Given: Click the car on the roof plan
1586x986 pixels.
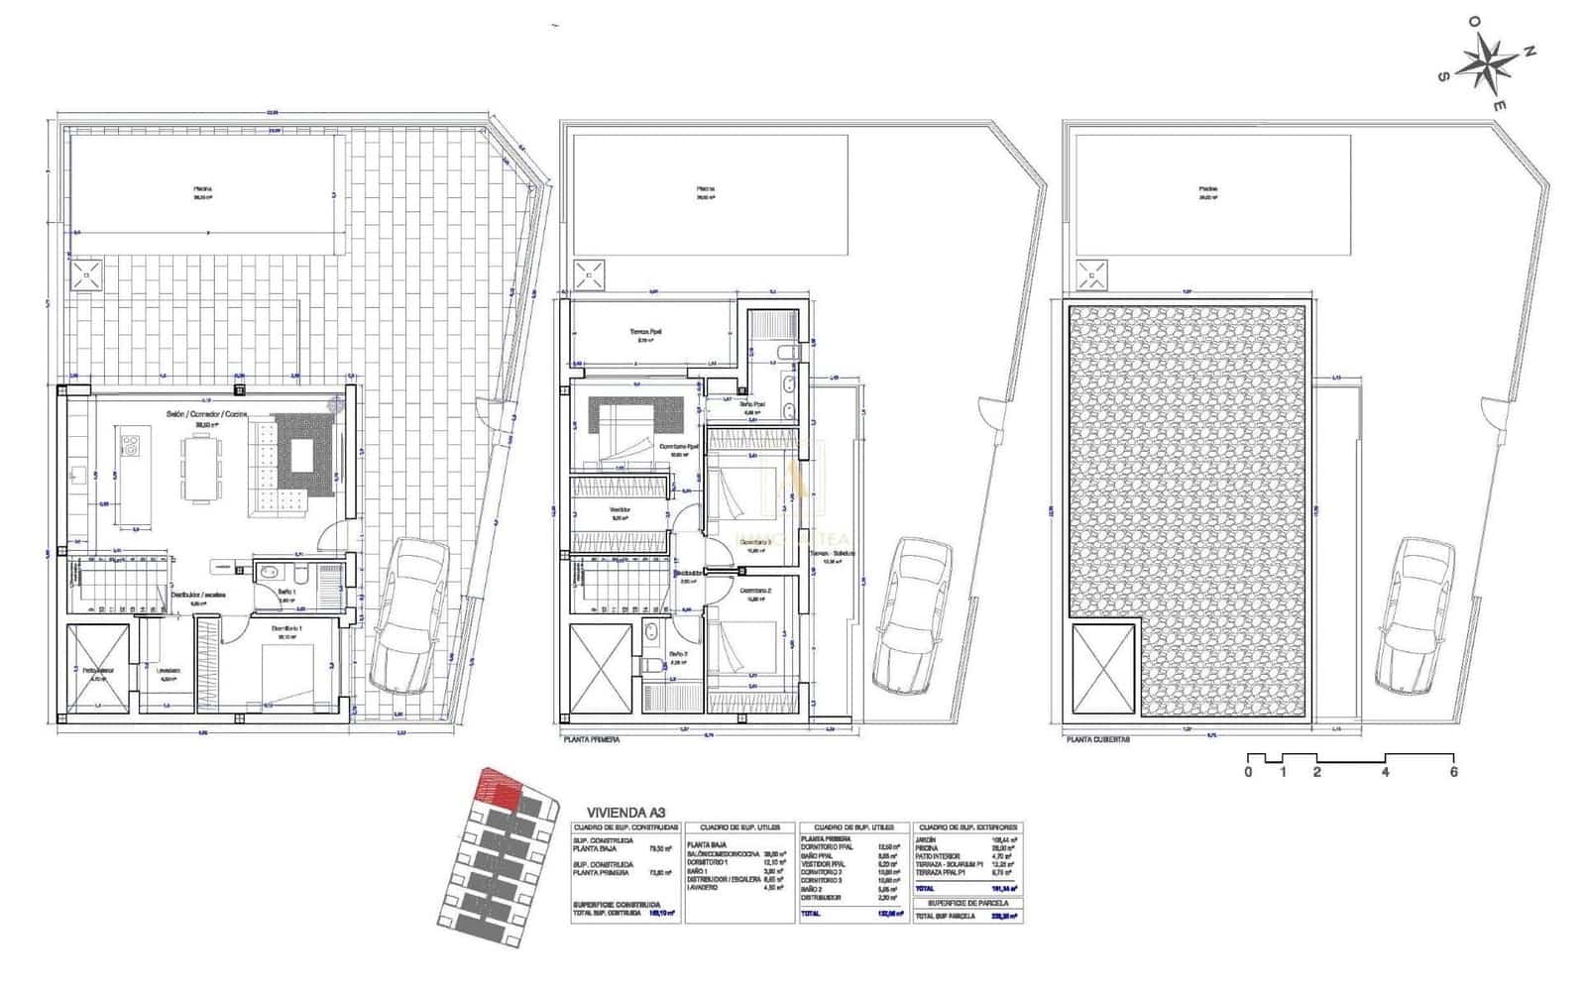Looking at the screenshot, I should [1416, 616].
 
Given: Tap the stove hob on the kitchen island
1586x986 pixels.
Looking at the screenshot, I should [130, 446].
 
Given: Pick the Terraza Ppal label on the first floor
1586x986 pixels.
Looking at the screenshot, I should [645, 332].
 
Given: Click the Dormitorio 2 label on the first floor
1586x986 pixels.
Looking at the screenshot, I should [754, 591].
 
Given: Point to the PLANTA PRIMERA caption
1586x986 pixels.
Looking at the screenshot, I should [591, 739].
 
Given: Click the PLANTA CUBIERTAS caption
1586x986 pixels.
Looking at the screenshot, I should [1095, 739].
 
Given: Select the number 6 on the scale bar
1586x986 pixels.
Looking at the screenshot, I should [1453, 772].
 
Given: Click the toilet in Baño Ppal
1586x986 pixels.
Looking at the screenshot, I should [786, 352].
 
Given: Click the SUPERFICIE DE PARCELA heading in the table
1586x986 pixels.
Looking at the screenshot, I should [967, 903].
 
